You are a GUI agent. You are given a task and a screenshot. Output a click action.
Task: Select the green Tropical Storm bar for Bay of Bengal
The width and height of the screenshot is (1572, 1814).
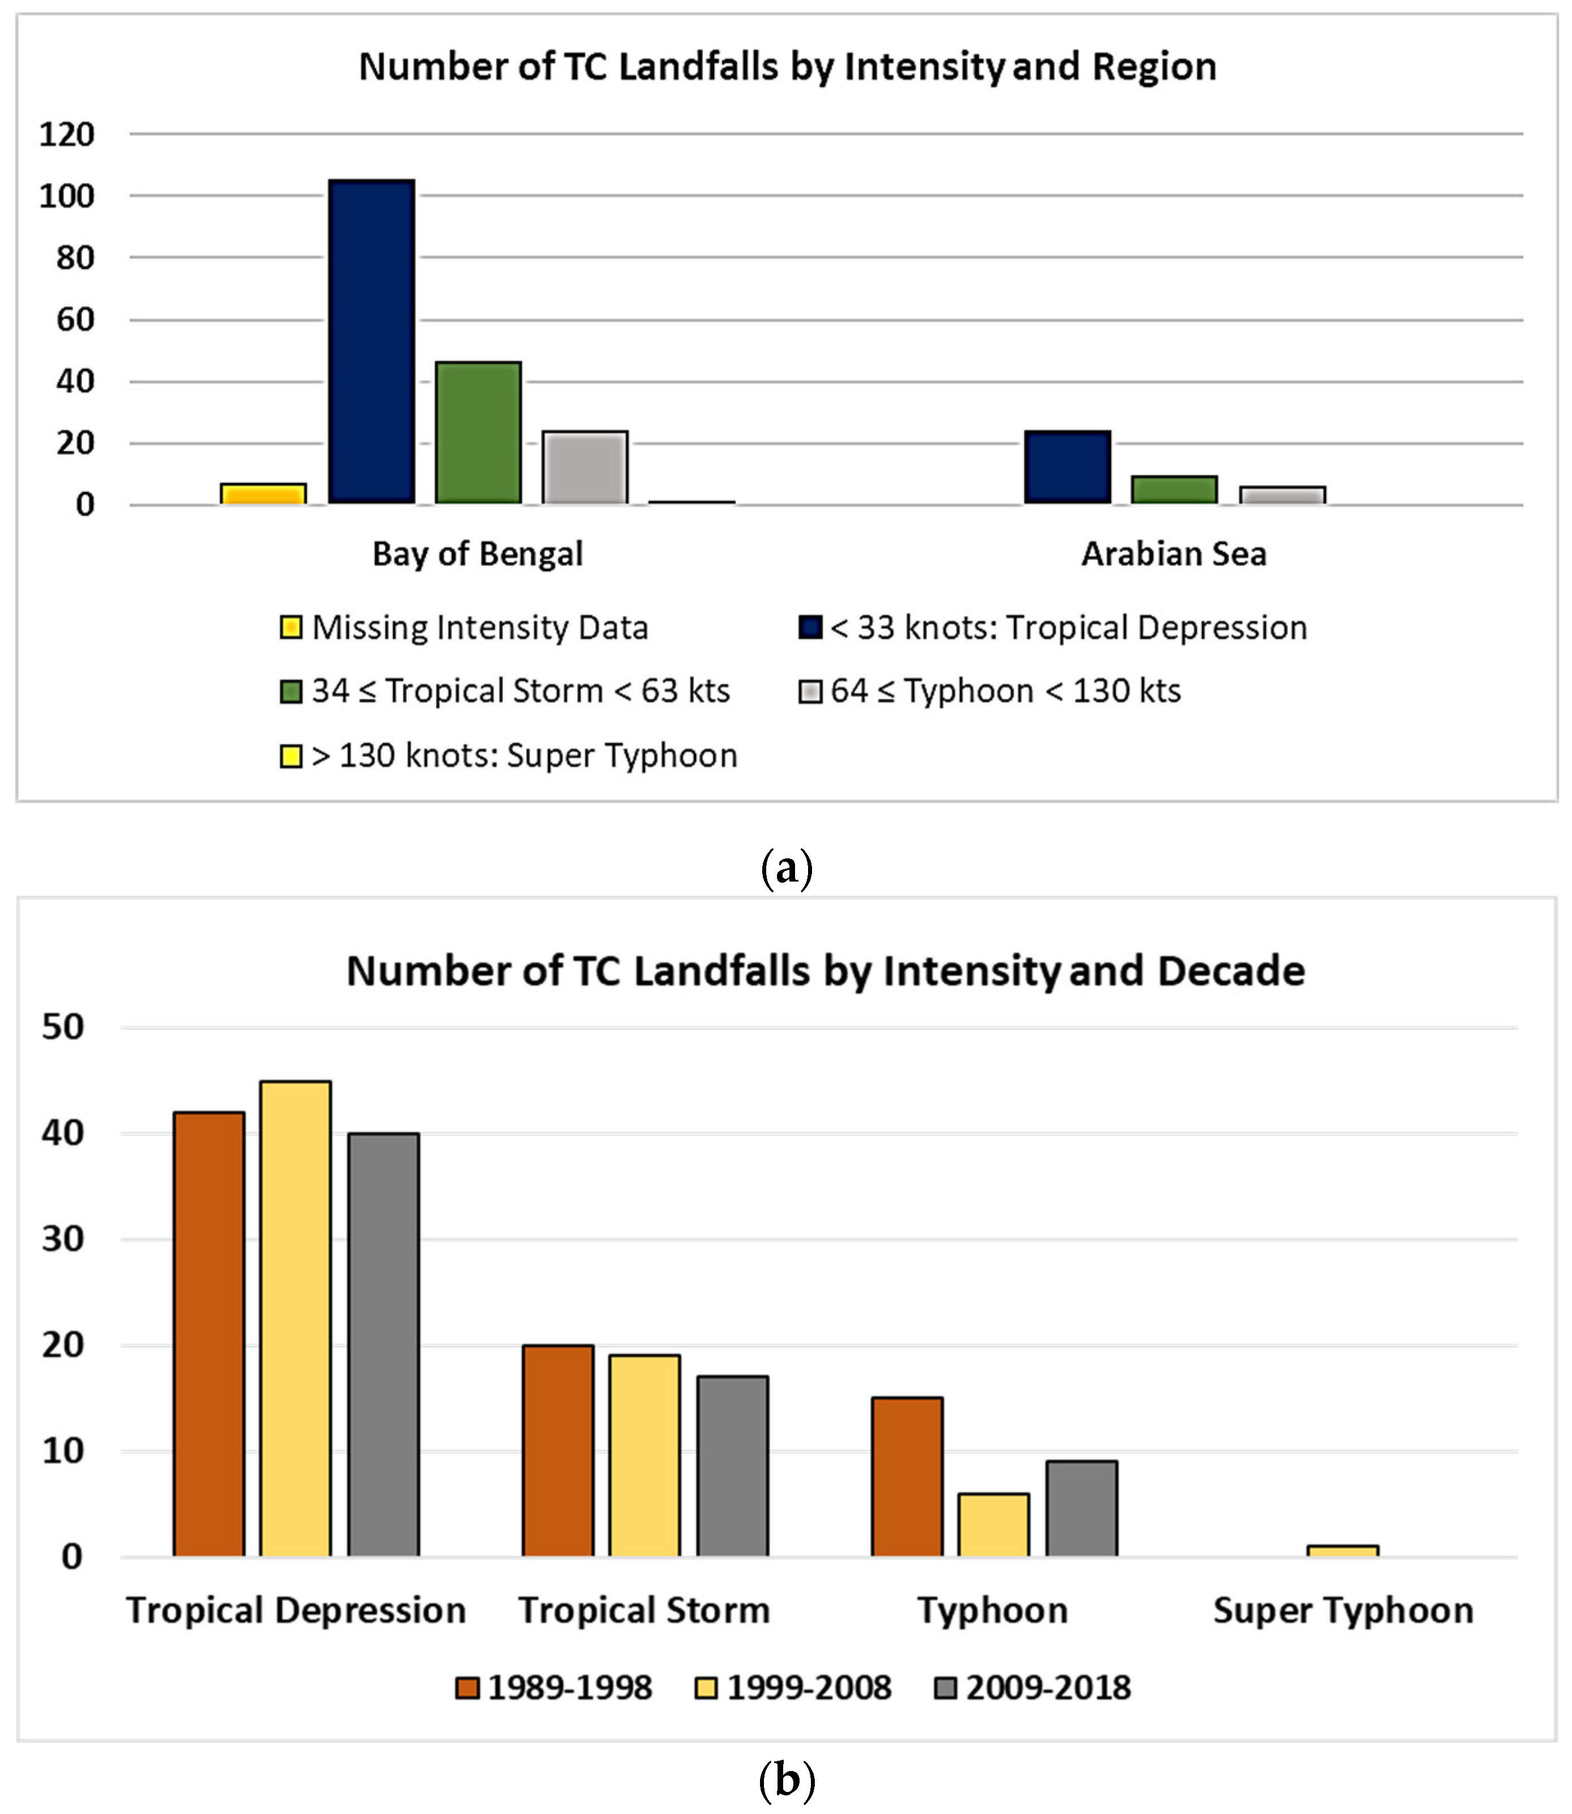click(x=478, y=433)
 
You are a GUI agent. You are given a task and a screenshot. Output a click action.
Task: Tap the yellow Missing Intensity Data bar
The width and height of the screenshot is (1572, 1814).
click(x=263, y=494)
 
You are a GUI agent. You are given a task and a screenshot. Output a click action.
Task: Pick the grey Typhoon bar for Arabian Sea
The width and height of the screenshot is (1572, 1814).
click(x=1282, y=495)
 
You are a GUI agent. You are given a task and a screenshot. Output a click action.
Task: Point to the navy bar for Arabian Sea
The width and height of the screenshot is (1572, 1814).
click(x=1068, y=468)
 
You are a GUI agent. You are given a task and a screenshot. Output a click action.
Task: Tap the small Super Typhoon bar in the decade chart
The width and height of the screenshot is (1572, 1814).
click(x=1342, y=1551)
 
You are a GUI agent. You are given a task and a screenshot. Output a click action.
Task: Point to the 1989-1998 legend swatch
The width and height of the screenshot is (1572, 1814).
click(x=468, y=1688)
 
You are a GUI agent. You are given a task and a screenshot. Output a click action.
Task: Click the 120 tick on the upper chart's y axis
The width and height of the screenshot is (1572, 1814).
click(x=67, y=134)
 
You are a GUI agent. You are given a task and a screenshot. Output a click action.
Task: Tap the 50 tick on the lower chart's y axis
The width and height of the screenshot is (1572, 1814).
click(x=63, y=1027)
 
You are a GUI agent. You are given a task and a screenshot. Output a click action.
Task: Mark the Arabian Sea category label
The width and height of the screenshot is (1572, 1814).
click(x=1174, y=554)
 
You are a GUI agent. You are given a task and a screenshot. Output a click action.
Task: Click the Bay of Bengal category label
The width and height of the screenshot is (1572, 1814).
click(x=477, y=554)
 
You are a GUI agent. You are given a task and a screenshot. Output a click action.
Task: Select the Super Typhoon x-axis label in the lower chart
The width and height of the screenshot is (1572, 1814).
click(x=1343, y=1610)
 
